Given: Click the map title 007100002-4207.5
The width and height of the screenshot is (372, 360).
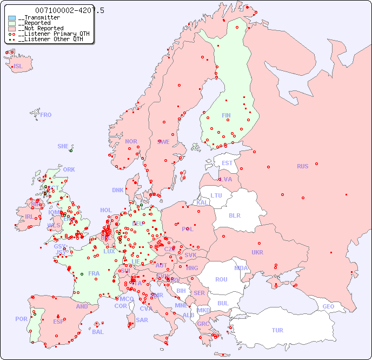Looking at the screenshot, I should pyautogui.click(x=69, y=10).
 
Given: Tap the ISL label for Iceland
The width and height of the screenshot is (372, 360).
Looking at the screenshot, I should pyautogui.click(x=18, y=67).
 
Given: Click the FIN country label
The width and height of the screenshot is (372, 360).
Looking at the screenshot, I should pyautogui.click(x=226, y=115).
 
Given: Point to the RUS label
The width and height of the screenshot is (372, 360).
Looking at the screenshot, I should pyautogui.click(x=302, y=166).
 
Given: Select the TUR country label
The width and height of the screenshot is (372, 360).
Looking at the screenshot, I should pyautogui.click(x=277, y=330).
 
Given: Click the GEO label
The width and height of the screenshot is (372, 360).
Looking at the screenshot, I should pyautogui.click(x=328, y=306).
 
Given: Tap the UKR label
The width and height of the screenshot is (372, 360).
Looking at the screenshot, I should pyautogui.click(x=257, y=252).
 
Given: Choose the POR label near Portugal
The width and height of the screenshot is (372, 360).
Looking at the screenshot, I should pyautogui.click(x=21, y=319).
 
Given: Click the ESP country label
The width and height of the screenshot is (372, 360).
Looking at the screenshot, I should pyautogui.click(x=58, y=322).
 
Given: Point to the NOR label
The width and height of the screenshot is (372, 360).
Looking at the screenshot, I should pyautogui.click(x=131, y=141).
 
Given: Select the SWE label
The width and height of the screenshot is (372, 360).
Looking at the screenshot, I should pyautogui.click(x=163, y=142).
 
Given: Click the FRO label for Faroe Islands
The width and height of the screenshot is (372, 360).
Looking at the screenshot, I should pyautogui.click(x=46, y=115).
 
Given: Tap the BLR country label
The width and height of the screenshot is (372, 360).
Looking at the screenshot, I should pyautogui.click(x=234, y=215).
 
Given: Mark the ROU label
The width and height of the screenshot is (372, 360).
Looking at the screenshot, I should pyautogui.click(x=221, y=279).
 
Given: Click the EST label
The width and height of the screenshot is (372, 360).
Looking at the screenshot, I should pyautogui.click(x=227, y=163).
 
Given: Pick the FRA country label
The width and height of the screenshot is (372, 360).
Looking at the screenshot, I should pyautogui.click(x=94, y=273).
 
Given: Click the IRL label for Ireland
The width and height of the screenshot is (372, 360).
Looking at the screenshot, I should pyautogui.click(x=28, y=216).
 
